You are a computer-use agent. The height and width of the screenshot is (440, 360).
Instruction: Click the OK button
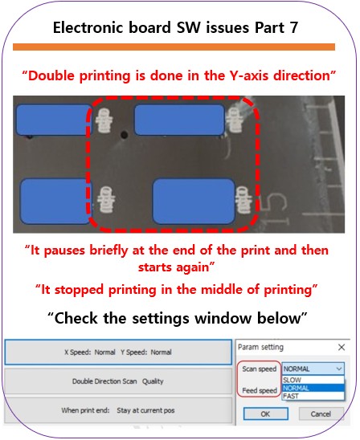(265, 414)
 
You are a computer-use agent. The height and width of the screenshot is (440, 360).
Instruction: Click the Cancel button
(321, 414)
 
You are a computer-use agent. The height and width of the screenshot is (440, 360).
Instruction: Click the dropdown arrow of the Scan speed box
(339, 369)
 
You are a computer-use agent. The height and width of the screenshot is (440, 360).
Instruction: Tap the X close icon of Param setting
(342, 348)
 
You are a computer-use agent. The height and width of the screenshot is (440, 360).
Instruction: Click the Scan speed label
(260, 369)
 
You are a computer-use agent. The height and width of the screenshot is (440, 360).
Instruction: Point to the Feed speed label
(260, 390)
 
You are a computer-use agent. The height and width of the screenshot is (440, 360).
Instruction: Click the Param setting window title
(260, 347)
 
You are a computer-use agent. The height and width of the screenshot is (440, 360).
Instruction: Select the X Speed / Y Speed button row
(118, 352)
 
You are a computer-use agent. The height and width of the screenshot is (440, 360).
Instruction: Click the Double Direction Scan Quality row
(118, 381)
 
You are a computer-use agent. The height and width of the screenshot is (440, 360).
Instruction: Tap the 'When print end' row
(118, 410)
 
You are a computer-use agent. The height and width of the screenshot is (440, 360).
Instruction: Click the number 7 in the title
(293, 28)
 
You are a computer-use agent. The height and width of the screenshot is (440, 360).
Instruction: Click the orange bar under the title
(174, 47)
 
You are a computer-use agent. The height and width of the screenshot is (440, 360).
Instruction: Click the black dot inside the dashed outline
(124, 135)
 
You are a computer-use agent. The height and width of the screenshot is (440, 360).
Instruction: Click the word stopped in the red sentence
(79, 290)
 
